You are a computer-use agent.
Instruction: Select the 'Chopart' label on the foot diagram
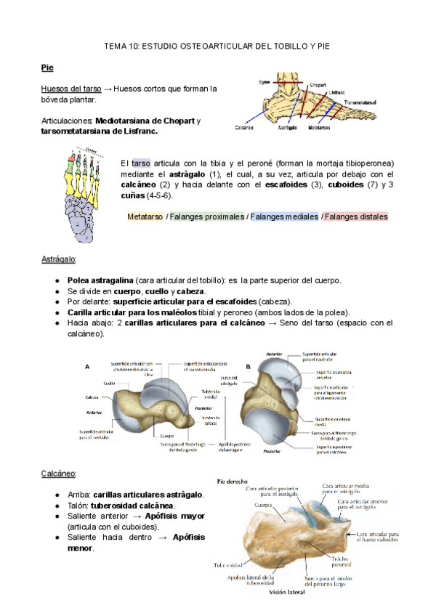click(x=315, y=83)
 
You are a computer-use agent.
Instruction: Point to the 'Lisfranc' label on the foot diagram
click(x=336, y=92)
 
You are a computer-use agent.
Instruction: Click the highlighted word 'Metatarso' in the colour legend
click(x=145, y=216)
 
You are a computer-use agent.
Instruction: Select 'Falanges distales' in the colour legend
click(x=355, y=216)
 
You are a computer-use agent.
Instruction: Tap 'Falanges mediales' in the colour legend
click(x=284, y=216)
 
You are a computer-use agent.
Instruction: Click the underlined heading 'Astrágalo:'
click(x=59, y=259)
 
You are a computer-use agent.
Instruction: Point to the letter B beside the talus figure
click(x=249, y=367)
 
